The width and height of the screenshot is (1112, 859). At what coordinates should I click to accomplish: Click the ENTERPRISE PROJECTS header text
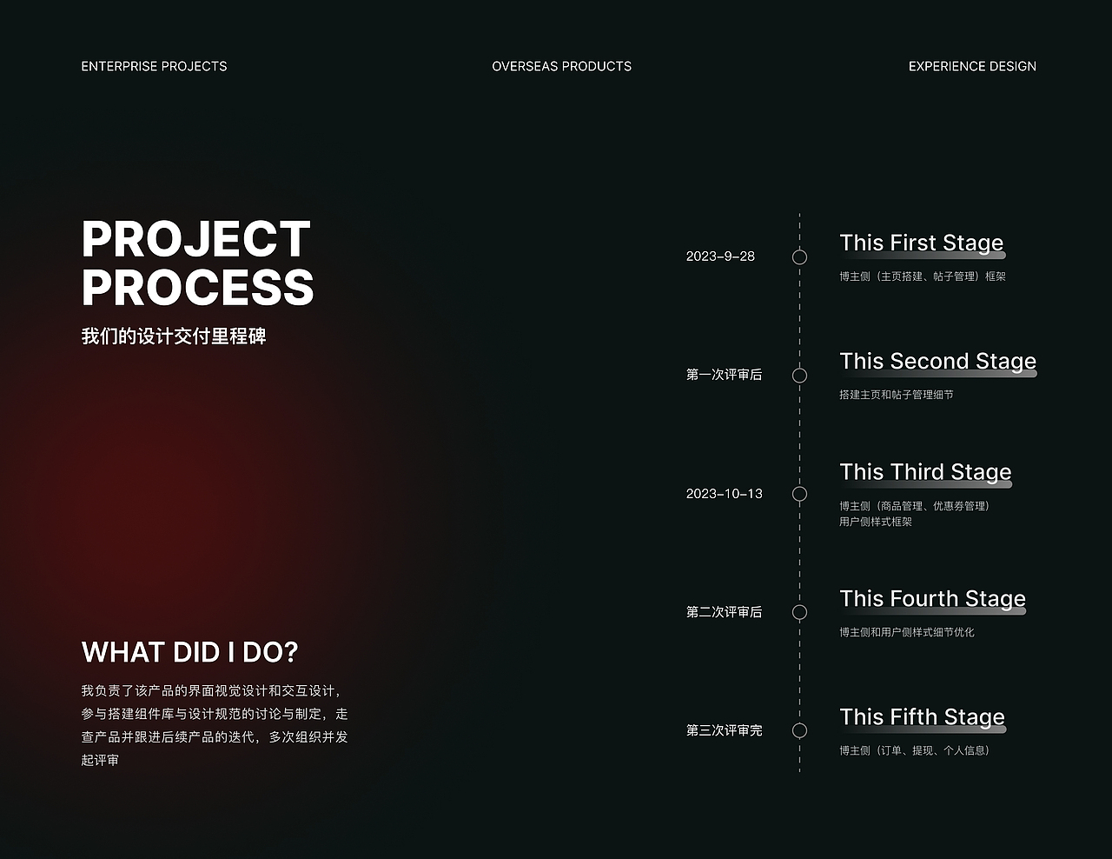(154, 67)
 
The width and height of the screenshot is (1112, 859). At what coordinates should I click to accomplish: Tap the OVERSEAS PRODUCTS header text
(561, 67)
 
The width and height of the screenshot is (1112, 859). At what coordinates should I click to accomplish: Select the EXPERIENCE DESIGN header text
(972, 67)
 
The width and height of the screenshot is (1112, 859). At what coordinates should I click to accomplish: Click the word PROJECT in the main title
(196, 239)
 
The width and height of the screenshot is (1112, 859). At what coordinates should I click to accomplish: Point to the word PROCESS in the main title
(197, 287)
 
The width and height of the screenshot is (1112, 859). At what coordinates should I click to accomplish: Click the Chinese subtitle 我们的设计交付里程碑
(174, 336)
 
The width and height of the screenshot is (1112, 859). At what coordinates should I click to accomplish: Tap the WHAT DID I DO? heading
(189, 652)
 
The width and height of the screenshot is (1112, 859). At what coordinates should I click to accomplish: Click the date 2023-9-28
(720, 256)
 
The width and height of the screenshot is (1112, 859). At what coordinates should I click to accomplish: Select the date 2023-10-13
(725, 494)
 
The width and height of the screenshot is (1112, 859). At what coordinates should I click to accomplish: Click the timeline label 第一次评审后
(725, 375)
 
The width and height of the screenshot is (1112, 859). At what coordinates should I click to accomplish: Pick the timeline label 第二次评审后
(725, 612)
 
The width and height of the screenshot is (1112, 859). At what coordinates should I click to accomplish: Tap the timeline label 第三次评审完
(725, 730)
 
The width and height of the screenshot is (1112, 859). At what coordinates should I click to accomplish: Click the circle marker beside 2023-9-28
(799, 250)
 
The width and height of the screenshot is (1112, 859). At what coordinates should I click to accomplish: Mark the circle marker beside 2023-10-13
(799, 486)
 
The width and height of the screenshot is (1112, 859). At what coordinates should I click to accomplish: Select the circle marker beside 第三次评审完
(799, 722)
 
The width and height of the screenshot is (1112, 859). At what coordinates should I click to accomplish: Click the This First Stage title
(922, 243)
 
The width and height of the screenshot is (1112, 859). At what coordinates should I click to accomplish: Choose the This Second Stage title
(938, 362)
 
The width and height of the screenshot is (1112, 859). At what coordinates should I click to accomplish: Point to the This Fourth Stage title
(933, 599)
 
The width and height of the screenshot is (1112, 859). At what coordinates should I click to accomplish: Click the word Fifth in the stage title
(915, 716)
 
